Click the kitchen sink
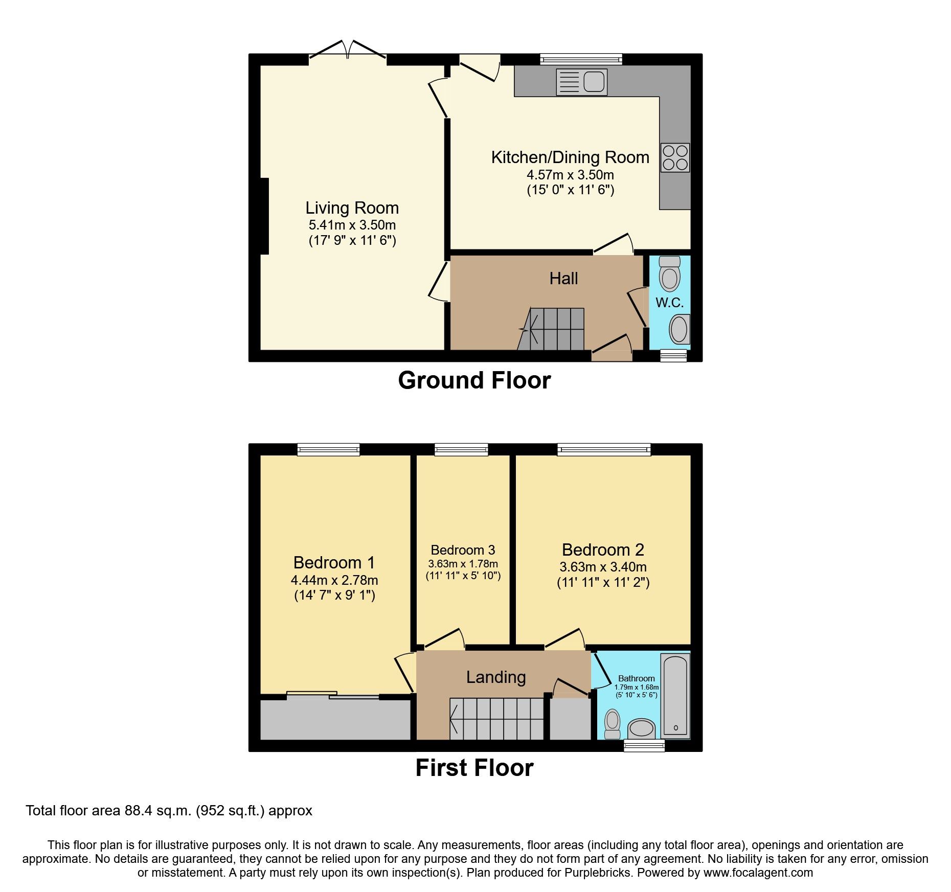click(582, 82)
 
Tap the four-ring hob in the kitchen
click(675, 157)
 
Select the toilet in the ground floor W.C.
click(669, 274)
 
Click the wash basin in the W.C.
click(680, 329)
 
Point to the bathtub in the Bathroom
click(675, 696)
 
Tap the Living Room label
click(352, 208)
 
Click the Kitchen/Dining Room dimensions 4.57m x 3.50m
click(570, 175)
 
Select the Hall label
click(563, 279)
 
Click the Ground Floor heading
click(474, 381)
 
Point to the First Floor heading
click(474, 768)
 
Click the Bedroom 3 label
click(463, 550)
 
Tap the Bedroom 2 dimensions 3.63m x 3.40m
click(603, 567)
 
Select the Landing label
click(496, 677)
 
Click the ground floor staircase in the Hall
click(554, 329)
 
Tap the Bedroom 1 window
click(329, 450)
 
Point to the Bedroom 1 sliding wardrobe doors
click(333, 695)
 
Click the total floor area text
click(169, 811)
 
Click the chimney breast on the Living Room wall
click(264, 216)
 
